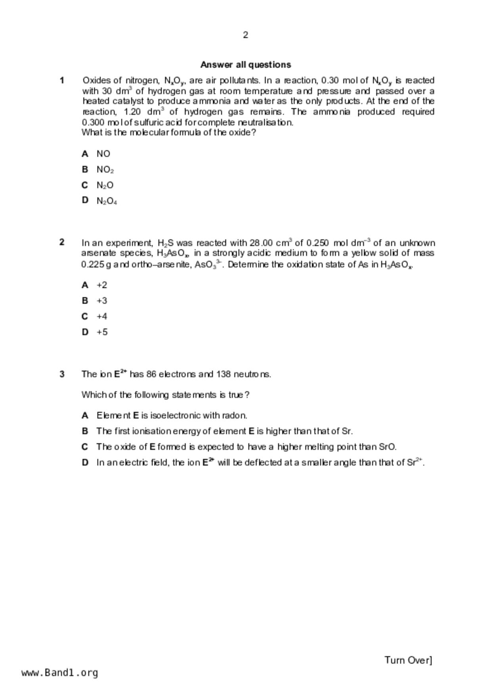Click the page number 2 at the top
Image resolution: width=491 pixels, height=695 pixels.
[246, 35]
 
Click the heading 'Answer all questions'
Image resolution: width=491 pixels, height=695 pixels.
[246, 65]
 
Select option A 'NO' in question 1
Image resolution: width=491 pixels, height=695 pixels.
[103, 154]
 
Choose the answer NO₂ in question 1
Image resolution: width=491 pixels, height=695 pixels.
[105, 170]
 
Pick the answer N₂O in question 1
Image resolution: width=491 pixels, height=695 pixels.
[105, 185]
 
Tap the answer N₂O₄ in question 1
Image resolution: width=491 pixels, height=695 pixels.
[107, 201]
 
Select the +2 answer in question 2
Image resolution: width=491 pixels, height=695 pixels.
[102, 285]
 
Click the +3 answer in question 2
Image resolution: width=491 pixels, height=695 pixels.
[102, 301]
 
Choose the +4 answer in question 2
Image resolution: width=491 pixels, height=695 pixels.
[102, 316]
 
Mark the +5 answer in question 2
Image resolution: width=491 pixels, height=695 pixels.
[102, 332]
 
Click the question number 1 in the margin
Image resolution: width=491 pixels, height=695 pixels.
[62, 80]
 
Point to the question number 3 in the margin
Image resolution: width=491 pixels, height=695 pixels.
[62, 374]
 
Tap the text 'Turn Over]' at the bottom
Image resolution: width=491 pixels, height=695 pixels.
[408, 660]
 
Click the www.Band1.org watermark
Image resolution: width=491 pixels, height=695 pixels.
[60, 673]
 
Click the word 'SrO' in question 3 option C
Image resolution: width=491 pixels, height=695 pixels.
[387, 447]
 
